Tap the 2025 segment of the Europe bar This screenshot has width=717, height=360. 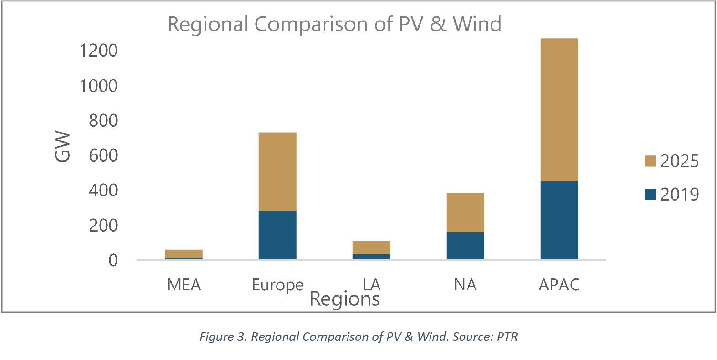click(277, 172)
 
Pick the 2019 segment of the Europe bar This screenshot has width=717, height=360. click(277, 235)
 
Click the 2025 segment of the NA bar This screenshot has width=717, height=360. click(465, 213)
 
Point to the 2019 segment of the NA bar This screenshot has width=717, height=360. click(465, 246)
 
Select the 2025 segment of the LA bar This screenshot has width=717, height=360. click(371, 247)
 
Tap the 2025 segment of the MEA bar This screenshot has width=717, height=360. click(183, 254)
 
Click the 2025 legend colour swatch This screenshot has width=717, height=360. click(650, 162)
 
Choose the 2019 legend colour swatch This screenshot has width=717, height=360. click(650, 195)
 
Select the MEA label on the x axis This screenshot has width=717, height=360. click(184, 285)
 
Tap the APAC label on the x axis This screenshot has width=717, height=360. click(559, 285)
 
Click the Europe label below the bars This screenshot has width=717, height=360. click(277, 285)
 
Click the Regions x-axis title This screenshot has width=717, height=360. click(344, 299)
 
